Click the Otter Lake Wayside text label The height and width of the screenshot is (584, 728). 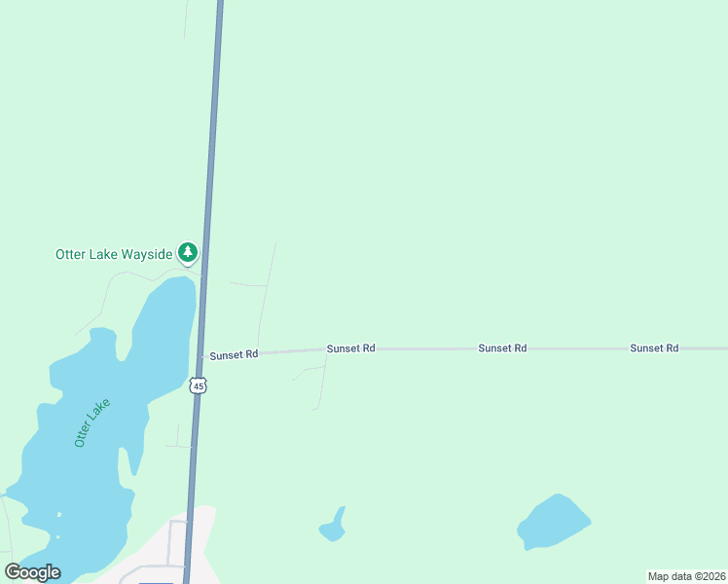coord(113,254)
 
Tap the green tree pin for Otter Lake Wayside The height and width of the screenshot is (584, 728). coord(188,253)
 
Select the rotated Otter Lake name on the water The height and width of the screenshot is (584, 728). coord(93,422)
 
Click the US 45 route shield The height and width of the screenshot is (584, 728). coord(199,385)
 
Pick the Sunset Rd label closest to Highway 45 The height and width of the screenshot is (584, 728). coord(234,355)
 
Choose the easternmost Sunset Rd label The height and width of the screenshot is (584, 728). coord(654,347)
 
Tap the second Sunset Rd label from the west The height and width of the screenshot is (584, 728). coord(350,347)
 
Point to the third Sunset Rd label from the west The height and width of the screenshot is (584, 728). coord(502,347)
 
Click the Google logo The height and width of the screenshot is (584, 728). coord(32,572)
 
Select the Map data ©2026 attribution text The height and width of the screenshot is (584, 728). coord(686,576)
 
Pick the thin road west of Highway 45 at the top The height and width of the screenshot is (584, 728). coord(185,19)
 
